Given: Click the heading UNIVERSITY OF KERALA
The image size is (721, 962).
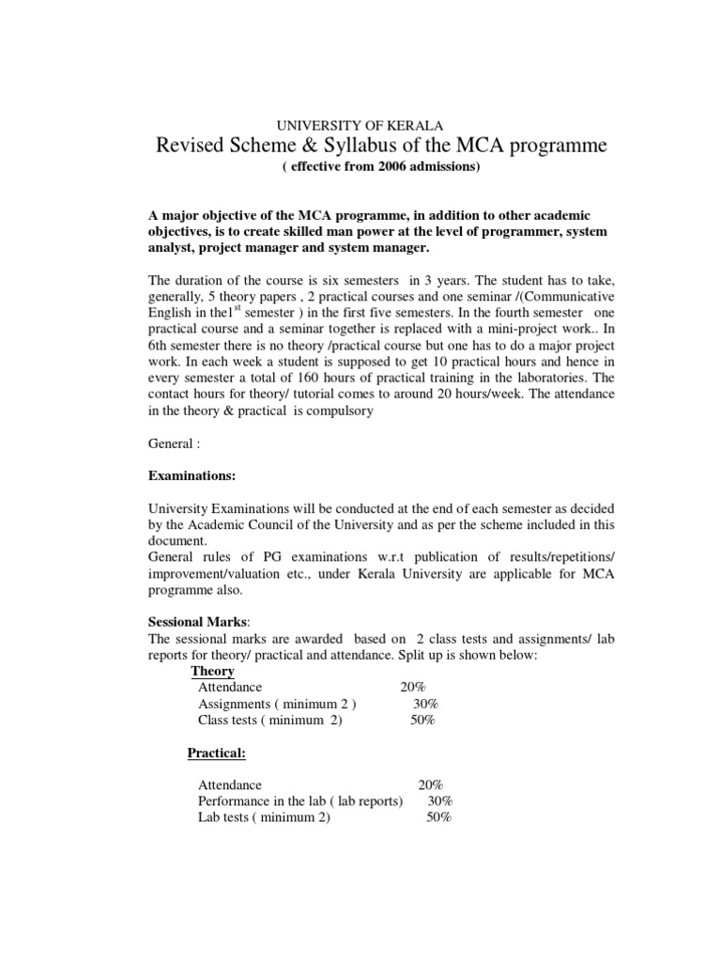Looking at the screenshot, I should pyautogui.click(x=360, y=124).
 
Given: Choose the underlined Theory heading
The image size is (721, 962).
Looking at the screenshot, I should pyautogui.click(x=213, y=671).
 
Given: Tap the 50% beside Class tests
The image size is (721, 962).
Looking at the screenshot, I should pyautogui.click(x=422, y=720).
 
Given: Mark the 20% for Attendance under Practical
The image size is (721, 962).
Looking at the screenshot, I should pyautogui.click(x=431, y=784).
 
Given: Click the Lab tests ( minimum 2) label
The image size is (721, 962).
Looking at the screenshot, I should pyautogui.click(x=264, y=817).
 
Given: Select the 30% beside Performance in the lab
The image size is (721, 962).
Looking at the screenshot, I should pyautogui.click(x=439, y=800).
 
